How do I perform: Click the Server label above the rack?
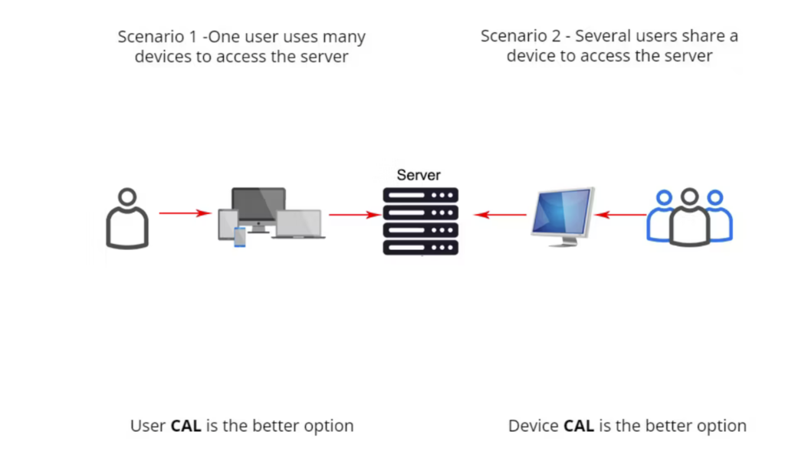419,175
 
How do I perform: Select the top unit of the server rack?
420,195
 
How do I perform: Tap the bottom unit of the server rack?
420,248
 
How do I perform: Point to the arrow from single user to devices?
184,213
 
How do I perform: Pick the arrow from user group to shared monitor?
620,215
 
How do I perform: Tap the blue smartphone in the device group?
240,237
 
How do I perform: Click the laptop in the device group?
298,224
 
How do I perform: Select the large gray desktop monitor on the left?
258,206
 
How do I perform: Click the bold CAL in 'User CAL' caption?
186,426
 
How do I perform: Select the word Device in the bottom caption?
534,426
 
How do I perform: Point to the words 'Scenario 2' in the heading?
518,36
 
